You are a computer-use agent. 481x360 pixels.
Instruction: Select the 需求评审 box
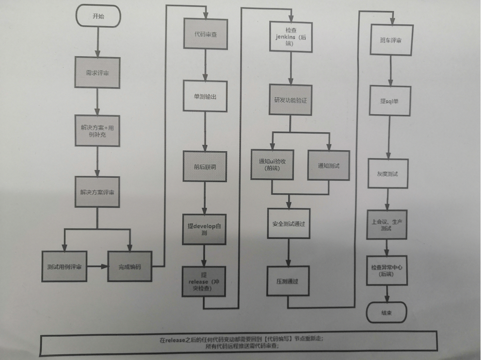click(x=97, y=73)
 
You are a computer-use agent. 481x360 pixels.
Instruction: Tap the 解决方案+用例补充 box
click(x=97, y=130)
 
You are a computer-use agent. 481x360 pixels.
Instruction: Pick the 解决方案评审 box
click(x=97, y=192)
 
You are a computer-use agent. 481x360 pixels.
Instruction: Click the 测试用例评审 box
click(x=64, y=266)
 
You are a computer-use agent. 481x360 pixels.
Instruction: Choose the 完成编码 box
click(x=129, y=266)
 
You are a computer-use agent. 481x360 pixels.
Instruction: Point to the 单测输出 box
click(x=205, y=97)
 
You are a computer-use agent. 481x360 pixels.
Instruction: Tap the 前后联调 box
click(x=205, y=166)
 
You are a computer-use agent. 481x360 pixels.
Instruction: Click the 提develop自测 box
click(x=204, y=229)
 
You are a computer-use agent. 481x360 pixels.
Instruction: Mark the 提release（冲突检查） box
click(x=204, y=281)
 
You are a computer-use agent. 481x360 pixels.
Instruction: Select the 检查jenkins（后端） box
click(x=290, y=36)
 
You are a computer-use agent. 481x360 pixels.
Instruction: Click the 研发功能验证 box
click(x=290, y=100)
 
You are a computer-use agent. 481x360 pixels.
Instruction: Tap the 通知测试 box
click(x=328, y=166)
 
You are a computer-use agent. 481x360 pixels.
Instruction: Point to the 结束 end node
click(x=386, y=313)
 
